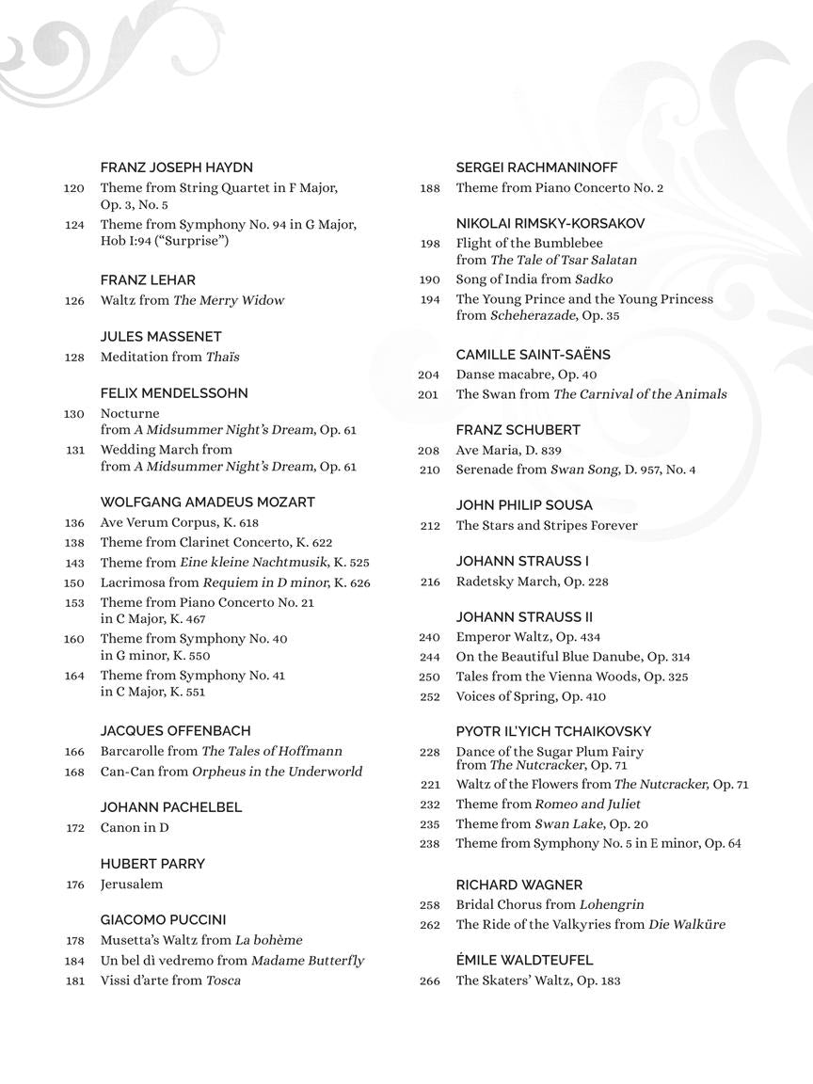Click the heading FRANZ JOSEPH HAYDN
click(x=176, y=167)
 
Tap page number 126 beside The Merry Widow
click(x=74, y=301)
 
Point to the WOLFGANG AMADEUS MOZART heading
click(x=207, y=502)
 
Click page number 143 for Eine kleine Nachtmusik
click(x=74, y=563)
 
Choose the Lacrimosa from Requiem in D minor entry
click(x=235, y=582)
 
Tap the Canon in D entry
click(x=135, y=828)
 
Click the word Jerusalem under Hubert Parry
click(x=132, y=885)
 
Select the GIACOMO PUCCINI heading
click(x=163, y=920)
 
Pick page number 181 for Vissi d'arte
click(x=74, y=980)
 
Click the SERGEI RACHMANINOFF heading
click(x=536, y=167)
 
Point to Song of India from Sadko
click(x=534, y=279)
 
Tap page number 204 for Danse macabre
click(x=429, y=375)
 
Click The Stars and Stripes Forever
click(x=546, y=526)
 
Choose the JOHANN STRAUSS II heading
click(x=524, y=617)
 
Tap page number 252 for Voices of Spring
click(x=429, y=697)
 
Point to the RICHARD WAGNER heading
click(x=518, y=885)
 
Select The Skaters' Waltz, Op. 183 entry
click(x=538, y=980)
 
